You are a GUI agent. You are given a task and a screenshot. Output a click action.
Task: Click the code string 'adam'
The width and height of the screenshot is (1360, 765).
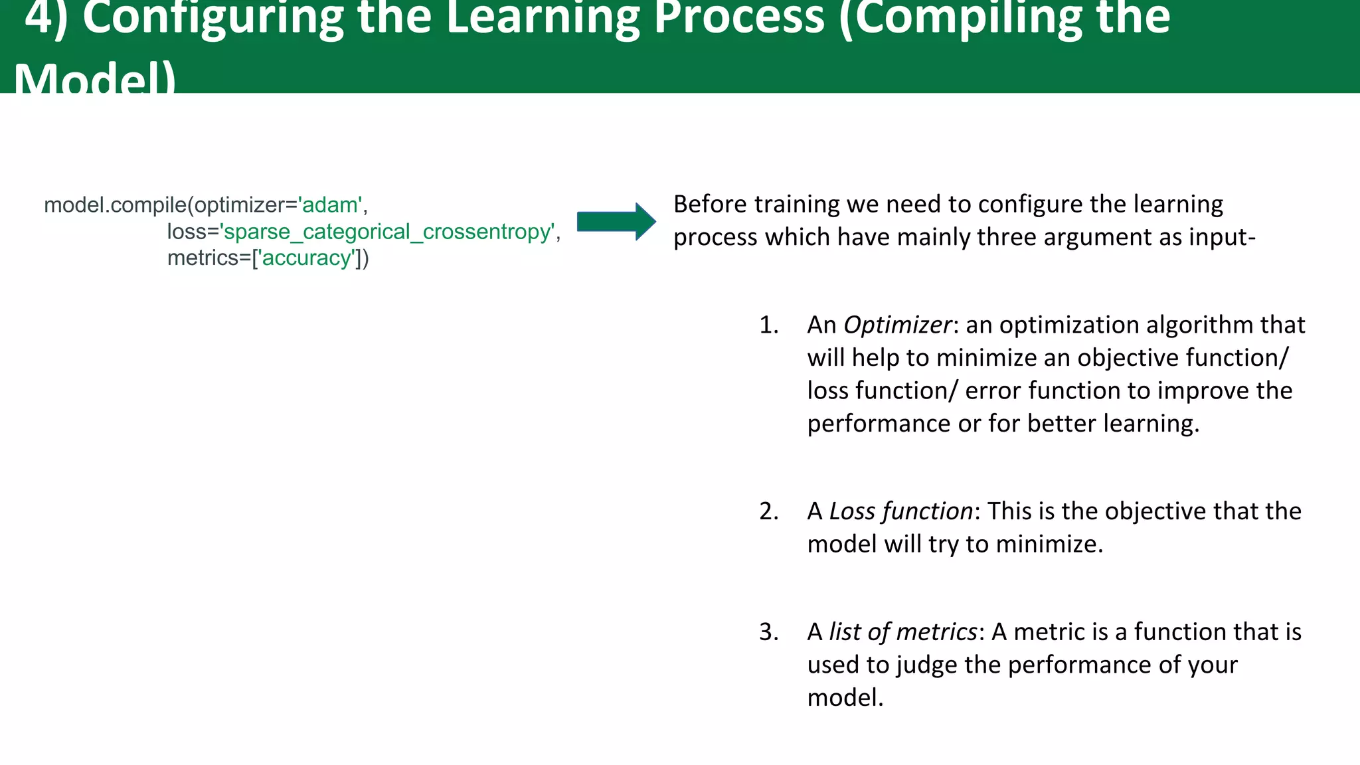click(x=330, y=205)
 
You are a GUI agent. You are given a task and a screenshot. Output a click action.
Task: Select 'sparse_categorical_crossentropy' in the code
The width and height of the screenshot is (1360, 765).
click(x=388, y=232)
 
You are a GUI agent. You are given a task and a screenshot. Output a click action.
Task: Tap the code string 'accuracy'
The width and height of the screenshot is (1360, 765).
click(x=307, y=258)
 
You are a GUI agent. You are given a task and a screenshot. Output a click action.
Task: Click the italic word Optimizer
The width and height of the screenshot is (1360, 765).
click(x=897, y=325)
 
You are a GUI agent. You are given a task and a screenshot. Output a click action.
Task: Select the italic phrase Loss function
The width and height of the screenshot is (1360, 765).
click(x=900, y=511)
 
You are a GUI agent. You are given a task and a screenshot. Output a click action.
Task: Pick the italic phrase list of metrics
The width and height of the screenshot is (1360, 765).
click(x=902, y=632)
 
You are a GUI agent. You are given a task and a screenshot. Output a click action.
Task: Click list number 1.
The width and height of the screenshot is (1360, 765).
click(x=768, y=325)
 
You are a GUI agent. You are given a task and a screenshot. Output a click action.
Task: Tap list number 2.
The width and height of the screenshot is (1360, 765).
click(x=768, y=511)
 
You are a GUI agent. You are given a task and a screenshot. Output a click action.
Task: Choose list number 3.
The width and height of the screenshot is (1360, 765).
click(x=768, y=632)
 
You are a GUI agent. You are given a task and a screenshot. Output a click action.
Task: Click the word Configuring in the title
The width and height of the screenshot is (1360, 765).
click(x=212, y=19)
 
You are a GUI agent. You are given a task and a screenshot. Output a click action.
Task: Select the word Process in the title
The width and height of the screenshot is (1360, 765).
click(x=739, y=19)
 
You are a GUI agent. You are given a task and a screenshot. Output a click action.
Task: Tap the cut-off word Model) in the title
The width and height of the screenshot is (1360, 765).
click(x=95, y=78)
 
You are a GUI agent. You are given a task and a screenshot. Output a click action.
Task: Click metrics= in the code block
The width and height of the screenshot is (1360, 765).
click(x=209, y=258)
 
